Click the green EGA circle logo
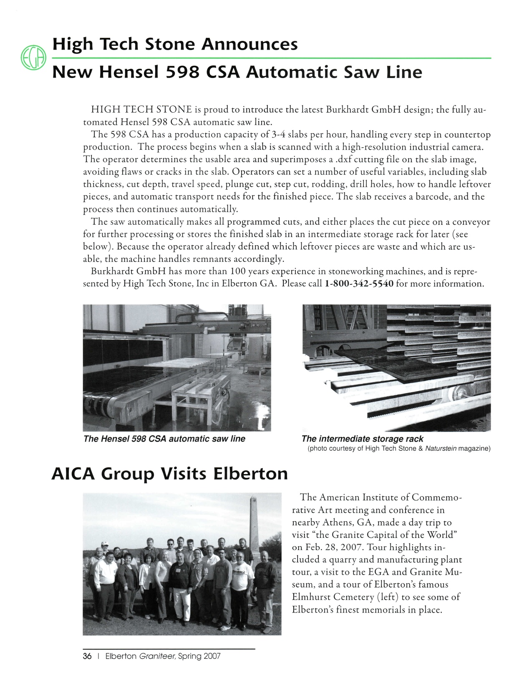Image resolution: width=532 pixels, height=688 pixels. pyautogui.click(x=33, y=58)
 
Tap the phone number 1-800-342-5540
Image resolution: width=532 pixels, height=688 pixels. pyautogui.click(x=359, y=284)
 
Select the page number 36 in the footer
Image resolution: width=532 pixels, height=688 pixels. pyautogui.click(x=87, y=656)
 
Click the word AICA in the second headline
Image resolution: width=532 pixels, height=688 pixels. pyautogui.click(x=73, y=474)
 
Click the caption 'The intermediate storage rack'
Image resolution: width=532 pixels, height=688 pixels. pyautogui.click(x=362, y=439)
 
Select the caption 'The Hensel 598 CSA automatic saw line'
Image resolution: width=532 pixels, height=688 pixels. pyautogui.click(x=164, y=439)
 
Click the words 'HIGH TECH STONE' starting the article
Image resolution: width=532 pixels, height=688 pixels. pyautogui.click(x=141, y=110)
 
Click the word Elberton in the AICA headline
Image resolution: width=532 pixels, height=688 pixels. pyautogui.click(x=250, y=474)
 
